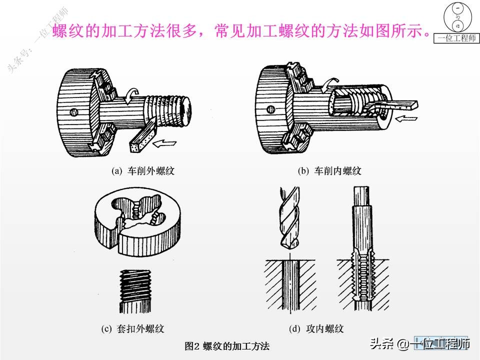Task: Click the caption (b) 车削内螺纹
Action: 329,171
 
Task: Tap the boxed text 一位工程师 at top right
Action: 457,38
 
